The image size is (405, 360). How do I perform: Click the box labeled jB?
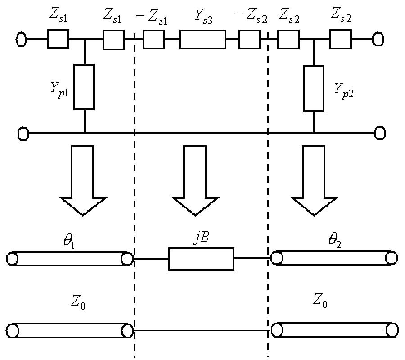pos(201,258)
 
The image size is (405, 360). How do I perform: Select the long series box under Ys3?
pos(202,39)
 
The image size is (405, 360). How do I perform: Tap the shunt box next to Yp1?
pos(84,87)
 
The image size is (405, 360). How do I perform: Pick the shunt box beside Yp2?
pos(314,88)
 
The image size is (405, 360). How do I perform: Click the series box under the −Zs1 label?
pos(153,40)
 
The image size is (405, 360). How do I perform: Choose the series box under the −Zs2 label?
pos(249,40)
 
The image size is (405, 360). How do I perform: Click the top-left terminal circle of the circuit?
pos(21,40)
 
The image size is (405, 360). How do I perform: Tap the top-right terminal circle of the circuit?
pos(378,40)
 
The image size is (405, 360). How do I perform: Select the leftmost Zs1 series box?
pos(58,40)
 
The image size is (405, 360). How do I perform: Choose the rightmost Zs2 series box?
pos(341,40)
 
